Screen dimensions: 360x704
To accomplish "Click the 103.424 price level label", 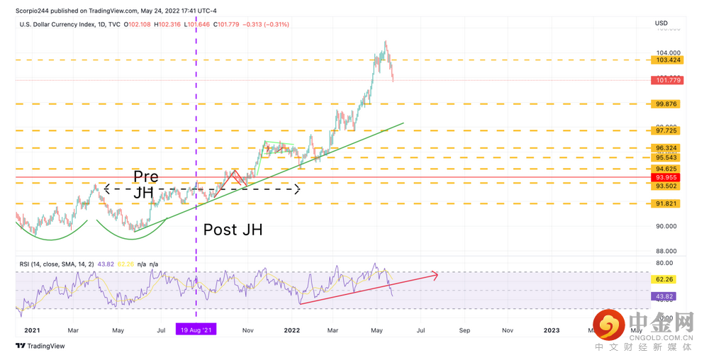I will [669, 60].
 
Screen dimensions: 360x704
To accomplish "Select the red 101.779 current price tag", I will [669, 81].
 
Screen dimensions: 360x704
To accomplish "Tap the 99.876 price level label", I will [669, 104].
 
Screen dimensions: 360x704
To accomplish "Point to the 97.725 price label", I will [669, 130].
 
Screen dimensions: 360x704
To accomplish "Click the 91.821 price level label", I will [669, 203].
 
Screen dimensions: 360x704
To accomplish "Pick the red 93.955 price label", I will [669, 177].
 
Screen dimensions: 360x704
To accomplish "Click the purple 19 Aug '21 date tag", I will [196, 330].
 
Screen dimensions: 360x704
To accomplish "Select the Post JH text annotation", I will [233, 230].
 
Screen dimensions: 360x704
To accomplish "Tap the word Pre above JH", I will [146, 176].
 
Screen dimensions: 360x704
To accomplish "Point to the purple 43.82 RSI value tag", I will [669, 296].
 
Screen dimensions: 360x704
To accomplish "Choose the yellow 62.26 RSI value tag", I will [669, 280].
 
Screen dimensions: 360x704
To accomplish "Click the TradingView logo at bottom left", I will [41, 346].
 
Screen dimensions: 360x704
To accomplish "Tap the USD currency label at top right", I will [661, 23].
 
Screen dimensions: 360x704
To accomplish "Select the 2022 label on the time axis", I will [291, 330].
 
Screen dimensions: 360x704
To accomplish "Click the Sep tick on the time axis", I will [464, 330].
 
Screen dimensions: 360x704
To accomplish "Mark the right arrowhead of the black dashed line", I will [298, 189].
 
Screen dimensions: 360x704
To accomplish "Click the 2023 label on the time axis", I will [551, 330].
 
